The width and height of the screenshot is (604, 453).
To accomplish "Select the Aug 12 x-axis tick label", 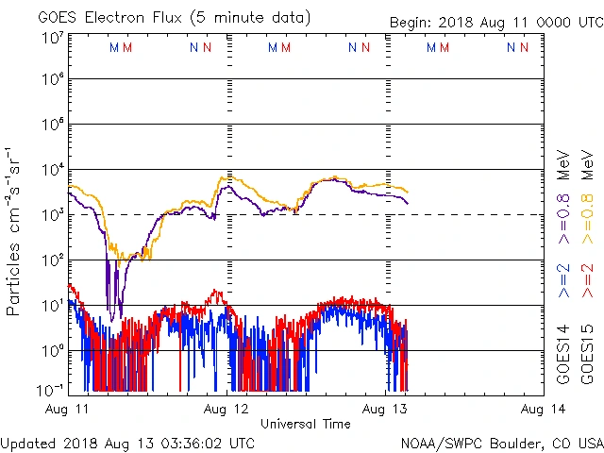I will pos(226,408).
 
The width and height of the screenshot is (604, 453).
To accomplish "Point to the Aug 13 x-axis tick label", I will pos(385,408).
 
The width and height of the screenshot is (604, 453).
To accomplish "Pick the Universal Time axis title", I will pos(306,424).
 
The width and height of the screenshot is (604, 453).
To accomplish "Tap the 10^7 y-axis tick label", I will pos(53,38).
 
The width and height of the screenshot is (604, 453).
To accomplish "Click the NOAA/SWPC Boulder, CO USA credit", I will pos(501,443).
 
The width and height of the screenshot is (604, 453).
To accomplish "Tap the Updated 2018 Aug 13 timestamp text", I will pos(128,443).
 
